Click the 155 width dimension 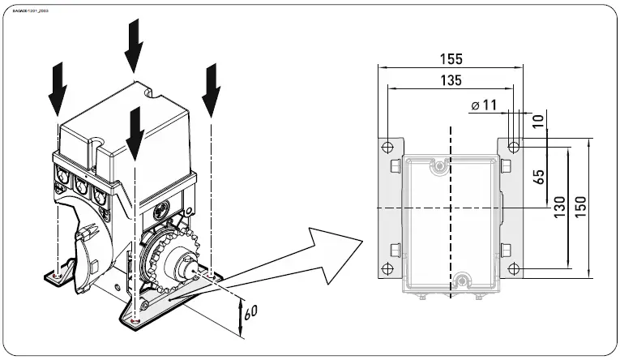pyautogui.click(x=452, y=58)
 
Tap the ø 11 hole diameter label pyautogui.click(x=483, y=104)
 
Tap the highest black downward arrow pyautogui.click(x=135, y=44)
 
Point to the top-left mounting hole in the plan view pyautogui.click(x=388, y=147)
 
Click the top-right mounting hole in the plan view pyautogui.click(x=514, y=147)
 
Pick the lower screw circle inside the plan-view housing pyautogui.click(x=462, y=281)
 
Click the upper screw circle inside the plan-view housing pyautogui.click(x=440, y=165)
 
